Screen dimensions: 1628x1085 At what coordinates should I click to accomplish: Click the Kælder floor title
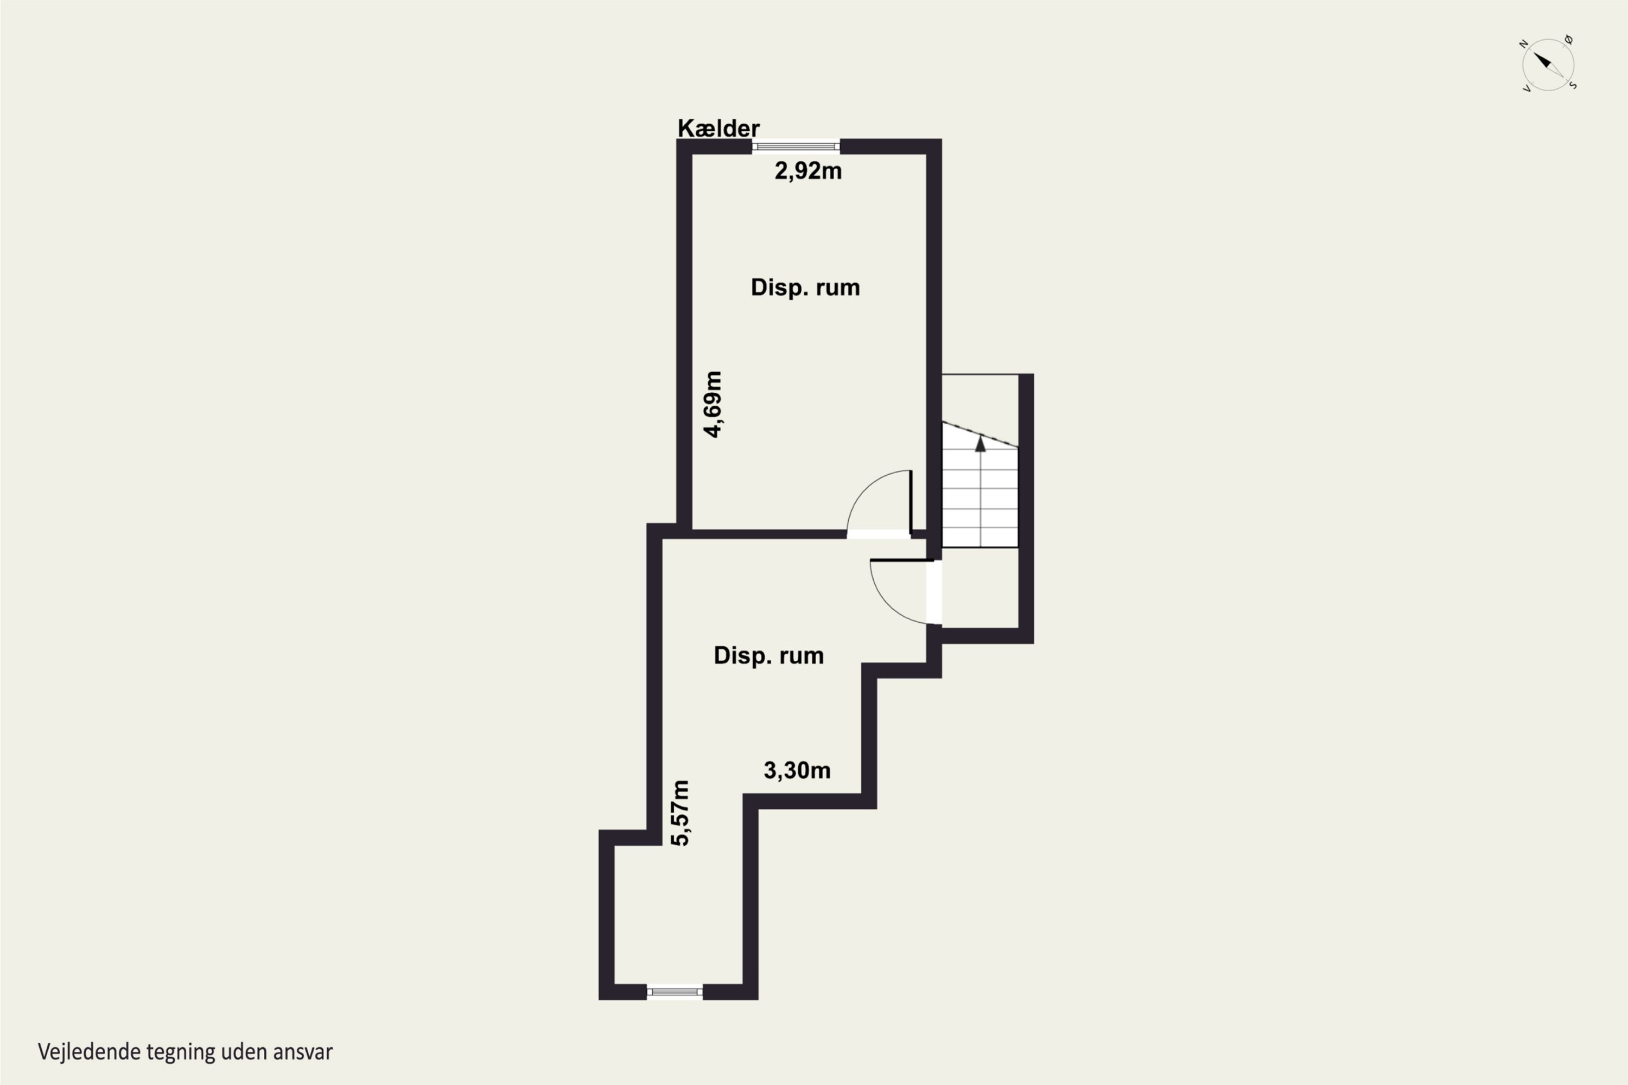718,128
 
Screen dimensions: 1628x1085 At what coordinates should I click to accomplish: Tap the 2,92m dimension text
808,171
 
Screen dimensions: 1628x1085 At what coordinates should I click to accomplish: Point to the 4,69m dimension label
713,404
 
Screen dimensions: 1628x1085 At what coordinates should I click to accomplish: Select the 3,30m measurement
797,770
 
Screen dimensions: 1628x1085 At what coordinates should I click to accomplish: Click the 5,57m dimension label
681,813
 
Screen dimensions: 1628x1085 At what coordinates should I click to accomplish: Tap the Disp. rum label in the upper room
805,287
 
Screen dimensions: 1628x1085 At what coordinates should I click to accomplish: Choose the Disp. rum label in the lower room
768,655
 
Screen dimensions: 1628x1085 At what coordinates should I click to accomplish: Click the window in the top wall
796,146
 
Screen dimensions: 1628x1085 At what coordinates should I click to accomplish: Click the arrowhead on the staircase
980,443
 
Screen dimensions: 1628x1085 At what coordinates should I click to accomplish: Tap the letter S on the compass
1573,86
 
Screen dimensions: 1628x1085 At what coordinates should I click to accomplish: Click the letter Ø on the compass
1568,40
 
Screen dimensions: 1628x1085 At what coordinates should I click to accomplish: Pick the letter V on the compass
1526,88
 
